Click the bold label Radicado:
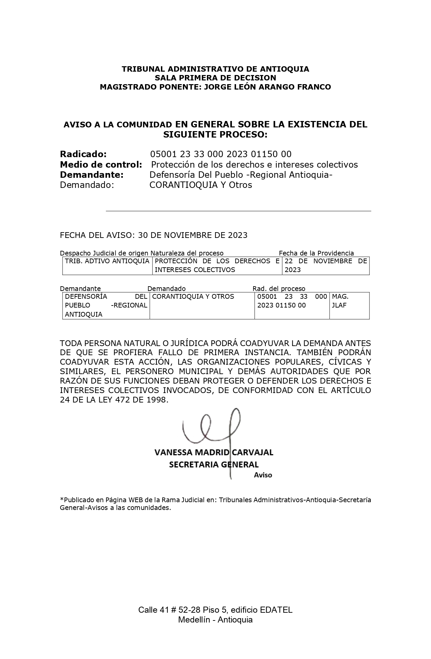[83, 154]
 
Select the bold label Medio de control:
[101, 165]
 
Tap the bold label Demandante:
[91, 175]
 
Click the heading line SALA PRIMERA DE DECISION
[215, 78]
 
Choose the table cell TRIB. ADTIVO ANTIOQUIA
[107, 261]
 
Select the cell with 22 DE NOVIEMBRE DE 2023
[326, 265]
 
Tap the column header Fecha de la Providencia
[316, 253]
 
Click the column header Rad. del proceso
[279, 289]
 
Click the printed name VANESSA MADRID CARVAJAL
[214, 453]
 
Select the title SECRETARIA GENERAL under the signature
[214, 465]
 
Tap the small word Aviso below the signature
[263, 475]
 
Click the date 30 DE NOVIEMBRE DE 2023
[193, 235]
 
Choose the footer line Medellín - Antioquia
[215, 620]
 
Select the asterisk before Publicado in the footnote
[62, 499]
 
